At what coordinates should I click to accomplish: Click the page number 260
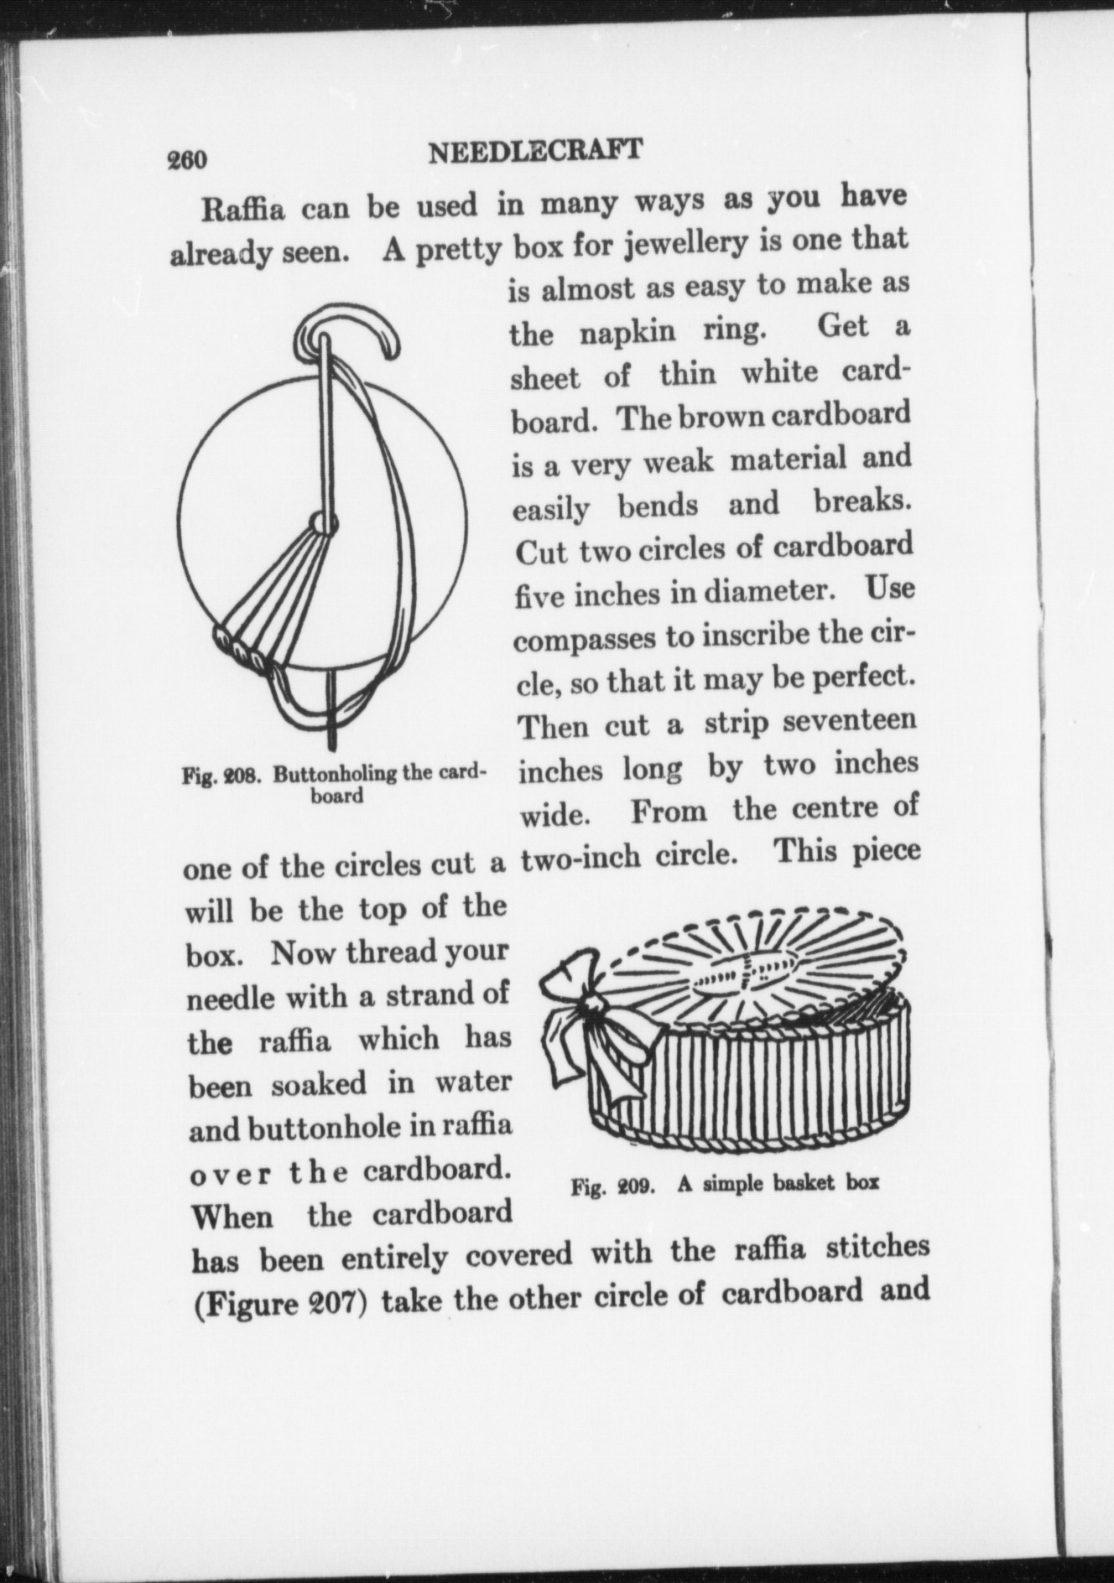188,158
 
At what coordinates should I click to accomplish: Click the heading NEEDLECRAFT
534,152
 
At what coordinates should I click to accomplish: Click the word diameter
758,592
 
